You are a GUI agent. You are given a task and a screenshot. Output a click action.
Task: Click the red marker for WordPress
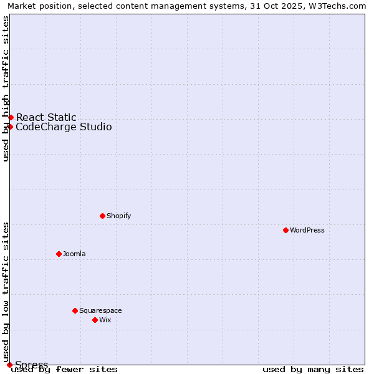point(285,230)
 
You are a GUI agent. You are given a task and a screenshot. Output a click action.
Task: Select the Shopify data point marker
point(102,216)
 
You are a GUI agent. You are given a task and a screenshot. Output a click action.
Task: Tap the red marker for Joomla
point(59,254)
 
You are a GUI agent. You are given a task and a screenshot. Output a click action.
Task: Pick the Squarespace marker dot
point(75,310)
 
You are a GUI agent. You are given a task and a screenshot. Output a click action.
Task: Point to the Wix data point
point(95,320)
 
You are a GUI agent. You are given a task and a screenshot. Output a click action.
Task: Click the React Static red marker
point(11,117)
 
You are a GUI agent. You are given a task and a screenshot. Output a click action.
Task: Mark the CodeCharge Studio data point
point(10,127)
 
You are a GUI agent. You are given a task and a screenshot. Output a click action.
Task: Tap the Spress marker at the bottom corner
point(9,365)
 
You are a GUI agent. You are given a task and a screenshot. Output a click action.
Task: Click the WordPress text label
point(307,230)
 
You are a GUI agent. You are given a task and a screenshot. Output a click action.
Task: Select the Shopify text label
point(118,216)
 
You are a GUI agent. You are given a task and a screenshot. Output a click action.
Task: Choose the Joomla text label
point(74,254)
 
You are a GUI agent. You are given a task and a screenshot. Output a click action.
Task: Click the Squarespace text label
point(100,310)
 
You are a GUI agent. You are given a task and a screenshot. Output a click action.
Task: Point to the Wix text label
point(105,320)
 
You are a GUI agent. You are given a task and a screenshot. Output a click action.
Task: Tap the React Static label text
point(46,117)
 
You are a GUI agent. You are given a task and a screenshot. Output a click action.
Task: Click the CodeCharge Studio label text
point(64,127)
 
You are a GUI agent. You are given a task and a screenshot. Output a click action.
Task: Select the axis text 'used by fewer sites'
point(64,369)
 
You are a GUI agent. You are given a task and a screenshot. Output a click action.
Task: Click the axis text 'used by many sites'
point(313,369)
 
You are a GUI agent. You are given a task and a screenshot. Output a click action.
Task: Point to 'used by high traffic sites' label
point(6,89)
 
